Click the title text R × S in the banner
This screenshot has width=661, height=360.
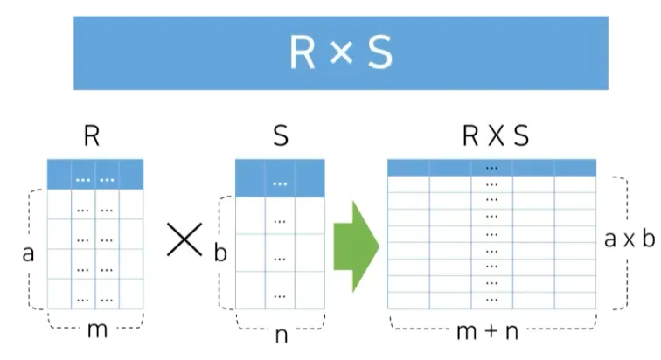click(341, 53)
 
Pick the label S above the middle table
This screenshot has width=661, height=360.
click(279, 137)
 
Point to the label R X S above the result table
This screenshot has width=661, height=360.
click(495, 137)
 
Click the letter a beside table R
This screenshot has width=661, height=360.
click(27, 254)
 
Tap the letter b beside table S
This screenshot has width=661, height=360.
click(219, 254)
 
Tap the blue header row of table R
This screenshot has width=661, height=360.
click(95, 175)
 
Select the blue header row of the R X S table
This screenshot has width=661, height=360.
click(491, 167)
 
